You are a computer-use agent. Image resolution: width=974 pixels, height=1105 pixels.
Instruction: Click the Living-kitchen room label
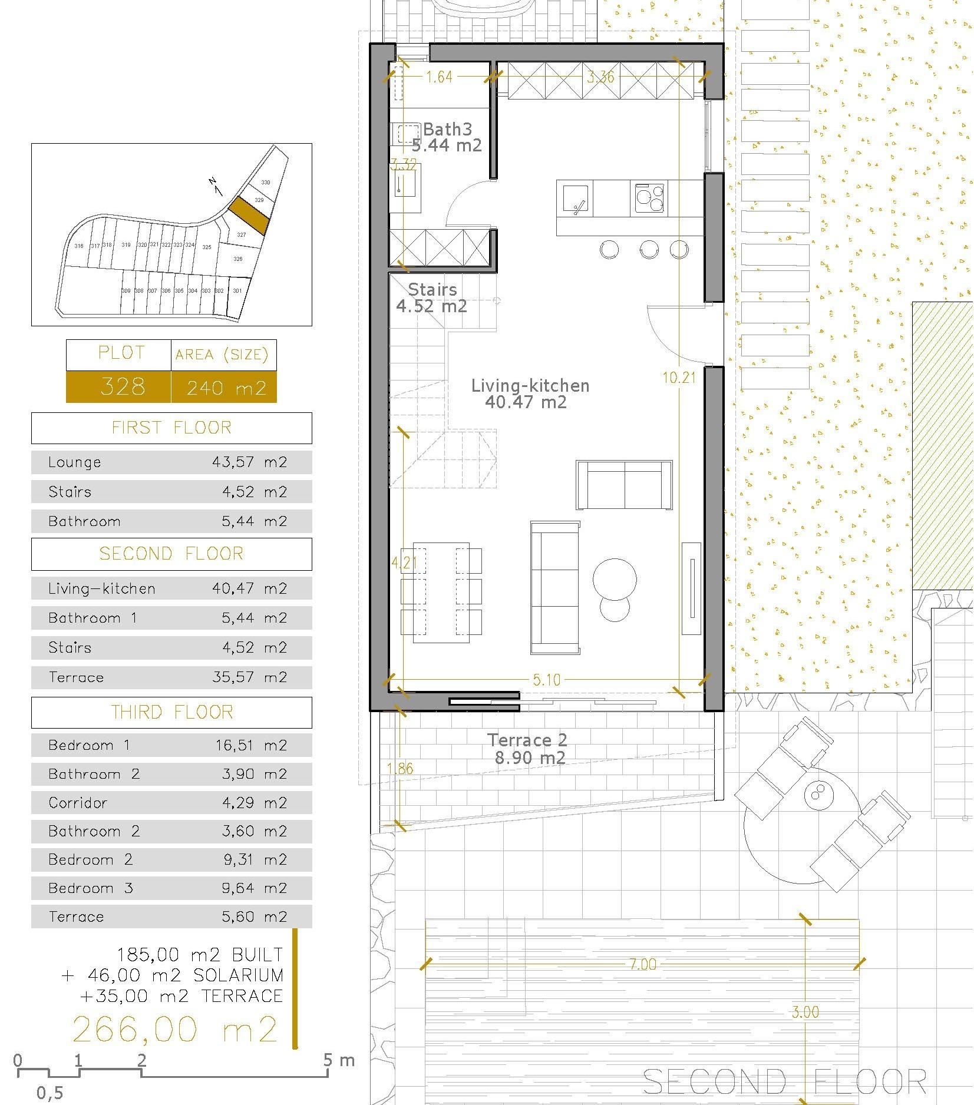pos(530,386)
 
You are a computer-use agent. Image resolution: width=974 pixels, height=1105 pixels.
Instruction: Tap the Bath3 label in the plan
pos(447,129)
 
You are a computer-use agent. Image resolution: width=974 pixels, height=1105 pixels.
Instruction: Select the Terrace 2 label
pos(527,740)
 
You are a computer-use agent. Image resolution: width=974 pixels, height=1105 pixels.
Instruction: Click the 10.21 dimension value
pos(679,378)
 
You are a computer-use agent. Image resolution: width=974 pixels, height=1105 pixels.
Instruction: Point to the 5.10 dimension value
pos(546,680)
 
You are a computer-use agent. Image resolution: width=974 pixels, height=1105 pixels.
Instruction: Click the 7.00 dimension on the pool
pos(642,964)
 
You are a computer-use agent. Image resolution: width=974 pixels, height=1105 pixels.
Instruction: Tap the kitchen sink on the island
pos(575,198)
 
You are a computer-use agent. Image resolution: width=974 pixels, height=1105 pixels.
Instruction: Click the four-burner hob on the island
pos(649,198)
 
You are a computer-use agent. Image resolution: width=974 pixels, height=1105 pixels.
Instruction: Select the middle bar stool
pos(649,250)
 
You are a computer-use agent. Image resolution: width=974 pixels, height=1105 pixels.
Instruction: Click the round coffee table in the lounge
pos(615,580)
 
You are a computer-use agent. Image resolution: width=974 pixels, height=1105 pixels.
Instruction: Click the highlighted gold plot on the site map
pos(249,214)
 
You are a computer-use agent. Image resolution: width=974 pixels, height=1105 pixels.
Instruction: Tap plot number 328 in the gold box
pos(123,387)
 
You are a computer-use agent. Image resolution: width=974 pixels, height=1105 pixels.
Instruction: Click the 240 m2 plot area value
pos(226,388)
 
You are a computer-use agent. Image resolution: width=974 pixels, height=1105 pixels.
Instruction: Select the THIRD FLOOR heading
pos(171,713)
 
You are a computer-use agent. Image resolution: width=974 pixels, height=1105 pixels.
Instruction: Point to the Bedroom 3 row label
pos(91,888)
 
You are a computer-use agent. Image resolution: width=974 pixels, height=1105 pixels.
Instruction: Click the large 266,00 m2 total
pos(174,1030)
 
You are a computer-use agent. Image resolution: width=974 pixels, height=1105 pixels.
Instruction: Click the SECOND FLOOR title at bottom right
pos(784,1082)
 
